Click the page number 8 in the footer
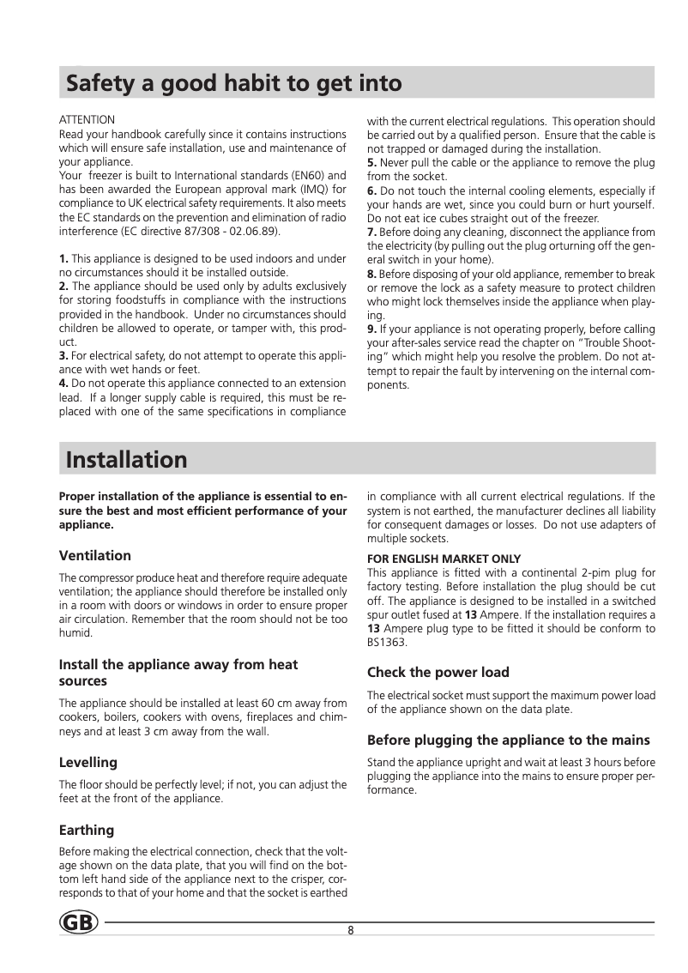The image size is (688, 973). point(352,931)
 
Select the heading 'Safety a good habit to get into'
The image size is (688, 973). point(234,84)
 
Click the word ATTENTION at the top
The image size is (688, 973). point(87,119)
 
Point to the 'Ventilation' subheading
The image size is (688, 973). point(94,556)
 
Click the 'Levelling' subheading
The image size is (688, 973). point(88,762)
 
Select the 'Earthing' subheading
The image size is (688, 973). point(86,830)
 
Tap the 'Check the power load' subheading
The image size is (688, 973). point(438,672)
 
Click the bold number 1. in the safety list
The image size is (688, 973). point(63,259)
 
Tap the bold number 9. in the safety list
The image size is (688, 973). point(372,329)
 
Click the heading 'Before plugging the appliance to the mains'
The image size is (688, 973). point(508,740)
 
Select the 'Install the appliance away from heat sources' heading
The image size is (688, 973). point(178,673)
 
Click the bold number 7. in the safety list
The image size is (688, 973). point(372,232)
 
